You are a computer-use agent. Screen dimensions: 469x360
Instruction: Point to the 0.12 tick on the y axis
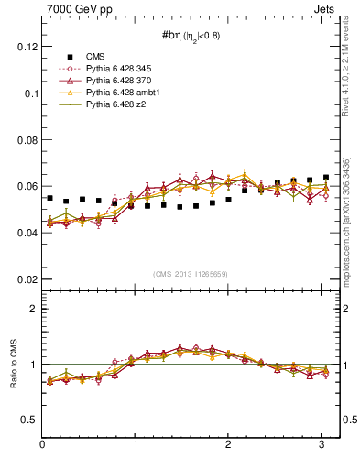point(27,47)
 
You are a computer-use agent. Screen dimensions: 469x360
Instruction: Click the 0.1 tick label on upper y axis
point(30,93)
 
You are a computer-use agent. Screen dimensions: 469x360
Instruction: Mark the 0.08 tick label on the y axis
point(27,140)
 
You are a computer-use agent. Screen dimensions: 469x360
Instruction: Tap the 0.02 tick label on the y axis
point(27,279)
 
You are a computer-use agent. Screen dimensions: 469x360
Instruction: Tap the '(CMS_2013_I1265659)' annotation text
point(191,273)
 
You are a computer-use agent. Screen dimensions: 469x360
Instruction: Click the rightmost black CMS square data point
point(325,178)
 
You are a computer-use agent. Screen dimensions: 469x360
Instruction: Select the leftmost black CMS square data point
point(49,198)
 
